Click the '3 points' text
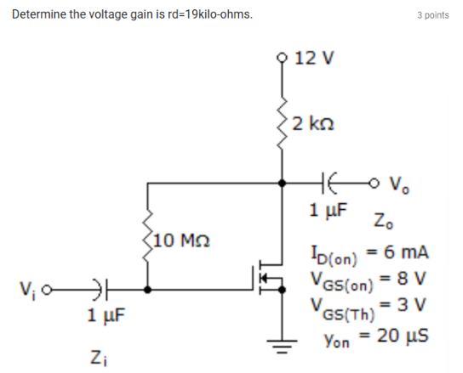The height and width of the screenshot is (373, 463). (x=432, y=15)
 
